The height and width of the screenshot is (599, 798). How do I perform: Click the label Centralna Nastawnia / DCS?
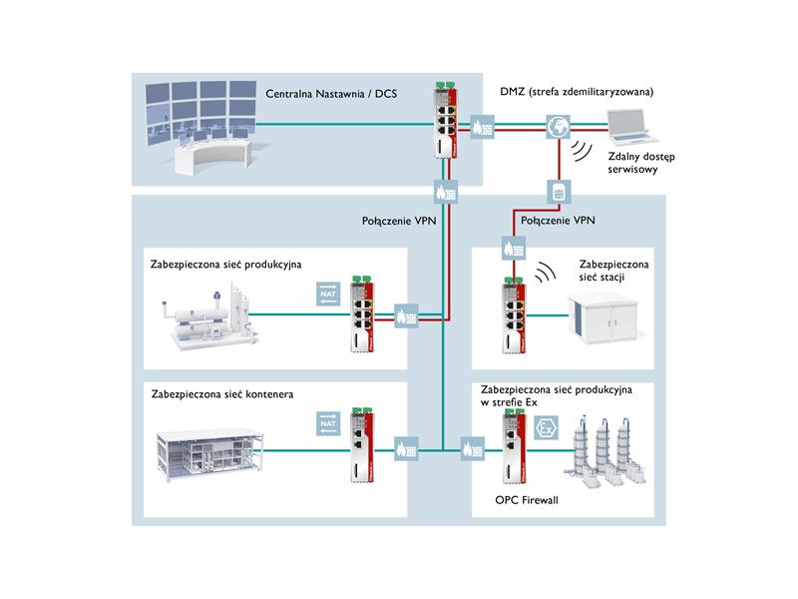tap(331, 94)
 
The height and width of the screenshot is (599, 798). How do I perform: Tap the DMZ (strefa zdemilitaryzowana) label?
tap(577, 92)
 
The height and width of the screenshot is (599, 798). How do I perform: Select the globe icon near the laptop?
tap(559, 127)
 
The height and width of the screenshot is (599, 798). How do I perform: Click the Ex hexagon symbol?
tap(546, 428)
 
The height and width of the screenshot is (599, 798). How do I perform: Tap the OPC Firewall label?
tap(527, 500)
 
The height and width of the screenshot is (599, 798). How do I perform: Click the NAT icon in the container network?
tap(328, 423)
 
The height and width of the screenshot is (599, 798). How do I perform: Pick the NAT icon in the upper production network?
tap(328, 294)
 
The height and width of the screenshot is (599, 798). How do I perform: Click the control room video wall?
tap(200, 112)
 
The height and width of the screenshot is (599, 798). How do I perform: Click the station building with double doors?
tap(603, 316)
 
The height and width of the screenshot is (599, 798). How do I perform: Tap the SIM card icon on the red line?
tap(559, 193)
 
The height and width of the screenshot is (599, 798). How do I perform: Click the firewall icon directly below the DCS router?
tap(446, 192)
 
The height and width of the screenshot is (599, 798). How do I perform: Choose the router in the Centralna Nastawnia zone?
tap(445, 119)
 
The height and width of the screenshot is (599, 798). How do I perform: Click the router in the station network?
tap(514, 315)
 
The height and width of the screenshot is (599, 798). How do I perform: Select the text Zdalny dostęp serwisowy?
tap(640, 163)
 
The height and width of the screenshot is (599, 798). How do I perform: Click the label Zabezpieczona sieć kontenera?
tap(221, 394)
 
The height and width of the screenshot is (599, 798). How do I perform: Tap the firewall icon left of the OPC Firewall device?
tap(473, 449)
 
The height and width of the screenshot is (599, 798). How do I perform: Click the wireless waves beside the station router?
tap(545, 273)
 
